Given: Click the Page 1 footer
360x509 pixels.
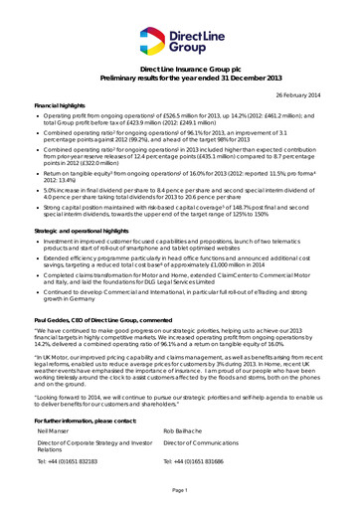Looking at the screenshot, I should [x=180, y=491].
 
